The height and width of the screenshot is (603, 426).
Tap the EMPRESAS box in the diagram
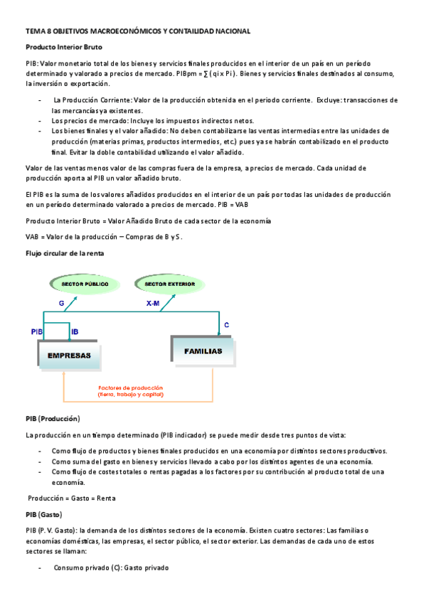point(69,355)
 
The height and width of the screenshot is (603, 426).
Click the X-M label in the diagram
point(153,303)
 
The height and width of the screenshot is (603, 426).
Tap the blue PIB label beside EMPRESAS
point(38,332)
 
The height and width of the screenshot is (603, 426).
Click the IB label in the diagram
point(75,332)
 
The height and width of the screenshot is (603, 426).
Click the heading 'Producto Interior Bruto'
point(64,47)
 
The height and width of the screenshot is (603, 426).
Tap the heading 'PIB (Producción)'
point(53,418)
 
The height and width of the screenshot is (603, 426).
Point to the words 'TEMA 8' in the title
point(38,31)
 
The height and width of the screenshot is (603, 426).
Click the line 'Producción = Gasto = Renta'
point(71,498)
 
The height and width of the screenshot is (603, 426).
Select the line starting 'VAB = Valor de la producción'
point(104,237)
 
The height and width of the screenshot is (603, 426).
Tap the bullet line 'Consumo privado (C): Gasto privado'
point(111,568)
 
